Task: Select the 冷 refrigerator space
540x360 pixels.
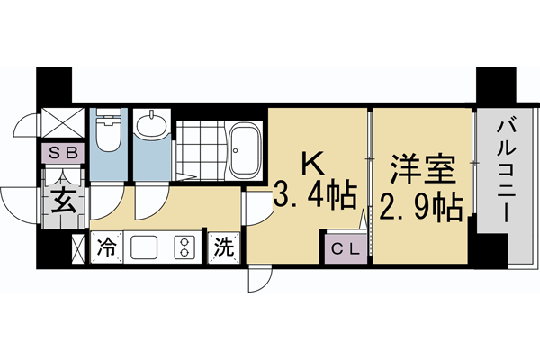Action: coord(106,246)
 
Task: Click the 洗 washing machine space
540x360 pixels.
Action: coord(221,246)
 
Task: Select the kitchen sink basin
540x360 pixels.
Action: coord(144,247)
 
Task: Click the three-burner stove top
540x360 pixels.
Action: coord(184,247)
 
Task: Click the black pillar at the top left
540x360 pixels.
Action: coord(52,88)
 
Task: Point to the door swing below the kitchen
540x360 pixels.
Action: coord(257,282)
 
